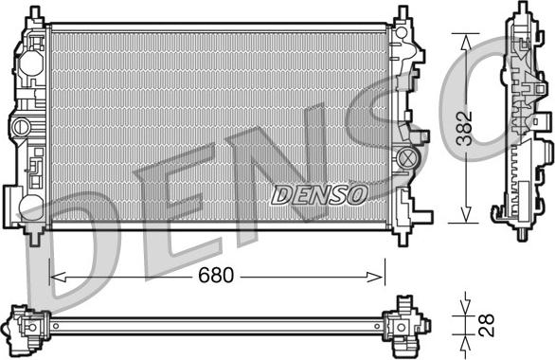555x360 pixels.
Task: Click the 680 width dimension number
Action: [x=216, y=275]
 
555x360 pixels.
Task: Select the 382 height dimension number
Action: [x=464, y=128]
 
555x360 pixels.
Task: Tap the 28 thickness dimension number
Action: [x=486, y=325]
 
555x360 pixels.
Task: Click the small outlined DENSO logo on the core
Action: [x=319, y=195]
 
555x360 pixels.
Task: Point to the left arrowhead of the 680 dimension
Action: [x=58, y=277]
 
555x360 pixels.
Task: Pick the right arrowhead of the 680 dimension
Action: [x=376, y=277]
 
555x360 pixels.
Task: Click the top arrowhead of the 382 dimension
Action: [x=466, y=42]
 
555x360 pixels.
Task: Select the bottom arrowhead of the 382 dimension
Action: [x=466, y=214]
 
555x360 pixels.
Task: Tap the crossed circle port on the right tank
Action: [x=406, y=157]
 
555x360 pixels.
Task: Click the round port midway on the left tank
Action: [x=21, y=127]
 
